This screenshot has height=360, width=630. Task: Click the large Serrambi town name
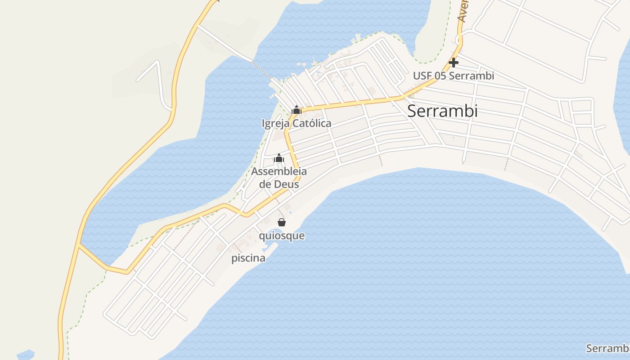coord(442,111)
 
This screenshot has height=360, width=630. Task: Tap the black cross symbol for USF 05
coord(454,63)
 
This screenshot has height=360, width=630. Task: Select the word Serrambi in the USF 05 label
coord(471,76)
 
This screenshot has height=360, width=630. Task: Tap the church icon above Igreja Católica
coord(297,110)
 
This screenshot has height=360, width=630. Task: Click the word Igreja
coord(276,123)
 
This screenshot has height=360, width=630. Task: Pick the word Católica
coord(312,123)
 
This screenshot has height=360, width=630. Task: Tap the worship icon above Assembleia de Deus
coord(279,158)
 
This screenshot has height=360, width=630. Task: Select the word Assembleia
coord(279,171)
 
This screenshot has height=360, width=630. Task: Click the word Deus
coord(288,184)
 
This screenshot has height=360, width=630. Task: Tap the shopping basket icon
coord(282,222)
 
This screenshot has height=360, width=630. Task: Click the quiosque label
coord(282,236)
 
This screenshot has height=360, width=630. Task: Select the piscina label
coord(248,258)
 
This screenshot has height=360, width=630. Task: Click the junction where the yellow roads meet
coord(79,245)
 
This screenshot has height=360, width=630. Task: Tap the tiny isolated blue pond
coord(26,355)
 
